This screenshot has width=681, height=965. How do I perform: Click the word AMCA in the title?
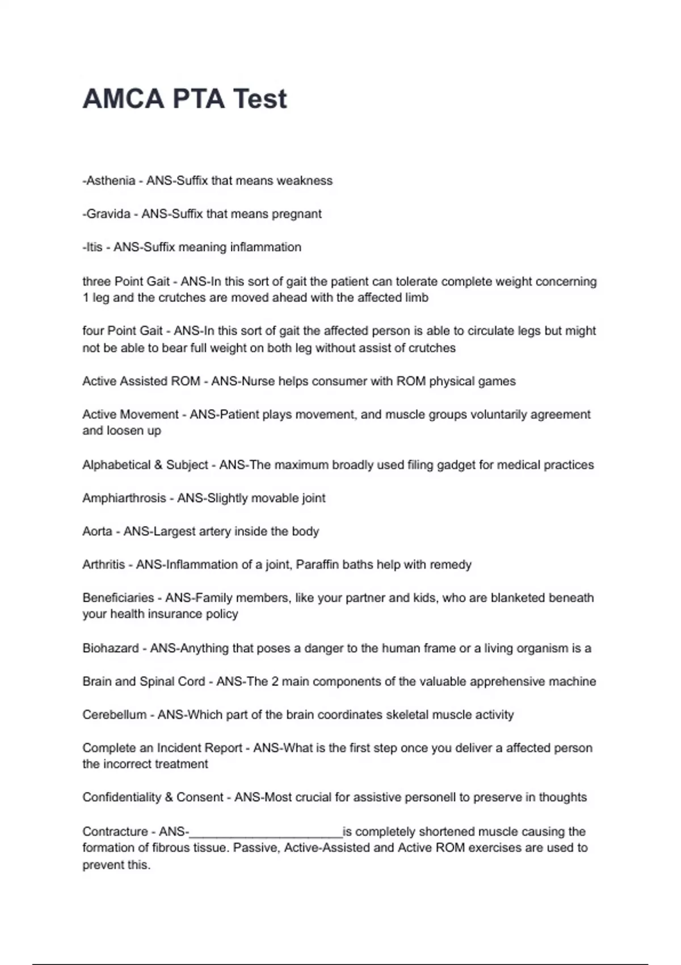(x=123, y=99)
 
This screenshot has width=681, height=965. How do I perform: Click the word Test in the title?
(x=260, y=99)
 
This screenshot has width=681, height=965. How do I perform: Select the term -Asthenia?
(x=109, y=181)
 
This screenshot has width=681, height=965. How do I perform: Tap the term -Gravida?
(x=107, y=214)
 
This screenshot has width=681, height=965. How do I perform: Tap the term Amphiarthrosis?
(x=124, y=498)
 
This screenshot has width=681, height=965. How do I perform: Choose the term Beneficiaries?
(x=118, y=598)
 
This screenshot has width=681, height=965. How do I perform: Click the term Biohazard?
(x=110, y=648)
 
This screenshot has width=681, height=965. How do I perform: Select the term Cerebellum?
(x=114, y=715)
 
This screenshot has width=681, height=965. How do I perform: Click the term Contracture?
(x=115, y=832)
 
